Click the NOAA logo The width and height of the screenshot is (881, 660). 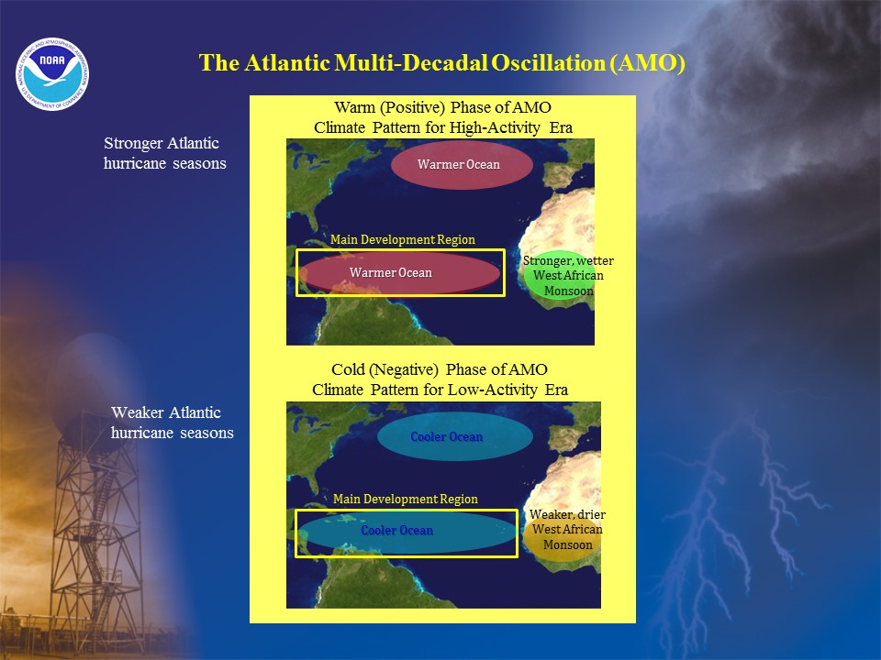click(52, 74)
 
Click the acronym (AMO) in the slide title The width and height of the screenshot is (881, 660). click(647, 63)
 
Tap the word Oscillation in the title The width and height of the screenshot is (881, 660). click(549, 63)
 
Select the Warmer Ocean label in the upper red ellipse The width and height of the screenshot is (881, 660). click(459, 164)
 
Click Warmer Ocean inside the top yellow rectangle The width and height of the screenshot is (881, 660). click(391, 273)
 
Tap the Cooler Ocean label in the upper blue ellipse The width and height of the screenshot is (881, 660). click(447, 436)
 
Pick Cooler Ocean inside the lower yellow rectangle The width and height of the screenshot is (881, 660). click(396, 531)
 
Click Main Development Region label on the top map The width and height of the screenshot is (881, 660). click(402, 239)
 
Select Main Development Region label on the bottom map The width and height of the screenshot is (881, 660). click(405, 499)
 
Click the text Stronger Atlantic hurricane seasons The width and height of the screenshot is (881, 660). click(164, 153)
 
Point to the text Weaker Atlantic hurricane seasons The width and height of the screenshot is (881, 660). click(172, 423)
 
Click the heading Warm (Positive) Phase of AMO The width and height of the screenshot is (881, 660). click(442, 107)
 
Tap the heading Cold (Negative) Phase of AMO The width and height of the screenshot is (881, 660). click(439, 369)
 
